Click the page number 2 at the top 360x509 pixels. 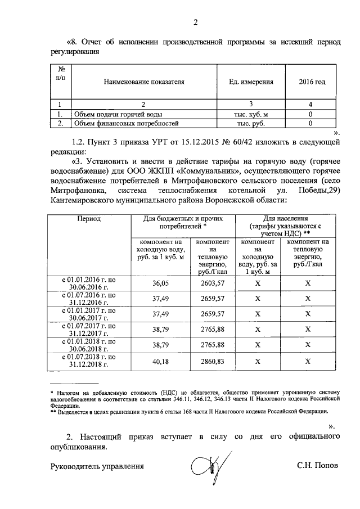pos(196,23)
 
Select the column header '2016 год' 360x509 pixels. pos(312,82)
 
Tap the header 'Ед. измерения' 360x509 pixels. pos(251,82)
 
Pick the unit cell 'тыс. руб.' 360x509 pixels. pos(251,123)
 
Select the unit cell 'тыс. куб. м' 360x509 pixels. pos(251,114)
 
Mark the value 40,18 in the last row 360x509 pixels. pos(160,362)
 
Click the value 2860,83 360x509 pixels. pos(212,362)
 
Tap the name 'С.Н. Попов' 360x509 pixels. pos(318,466)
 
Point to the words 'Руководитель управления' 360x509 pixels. pos(97,466)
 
